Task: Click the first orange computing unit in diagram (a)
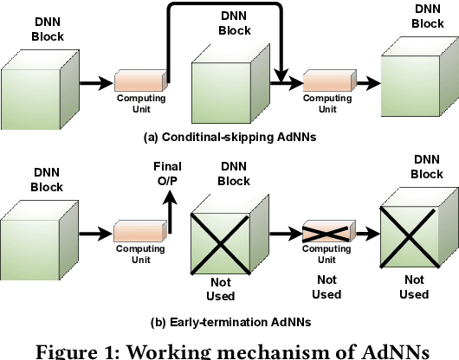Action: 139,83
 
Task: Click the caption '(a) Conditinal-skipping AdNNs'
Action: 229,136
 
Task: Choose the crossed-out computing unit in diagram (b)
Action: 326,233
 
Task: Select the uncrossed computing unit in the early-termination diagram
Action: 139,232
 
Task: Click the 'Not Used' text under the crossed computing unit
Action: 326,287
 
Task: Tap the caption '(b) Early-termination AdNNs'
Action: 229,321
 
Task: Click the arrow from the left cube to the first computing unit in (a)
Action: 95,84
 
